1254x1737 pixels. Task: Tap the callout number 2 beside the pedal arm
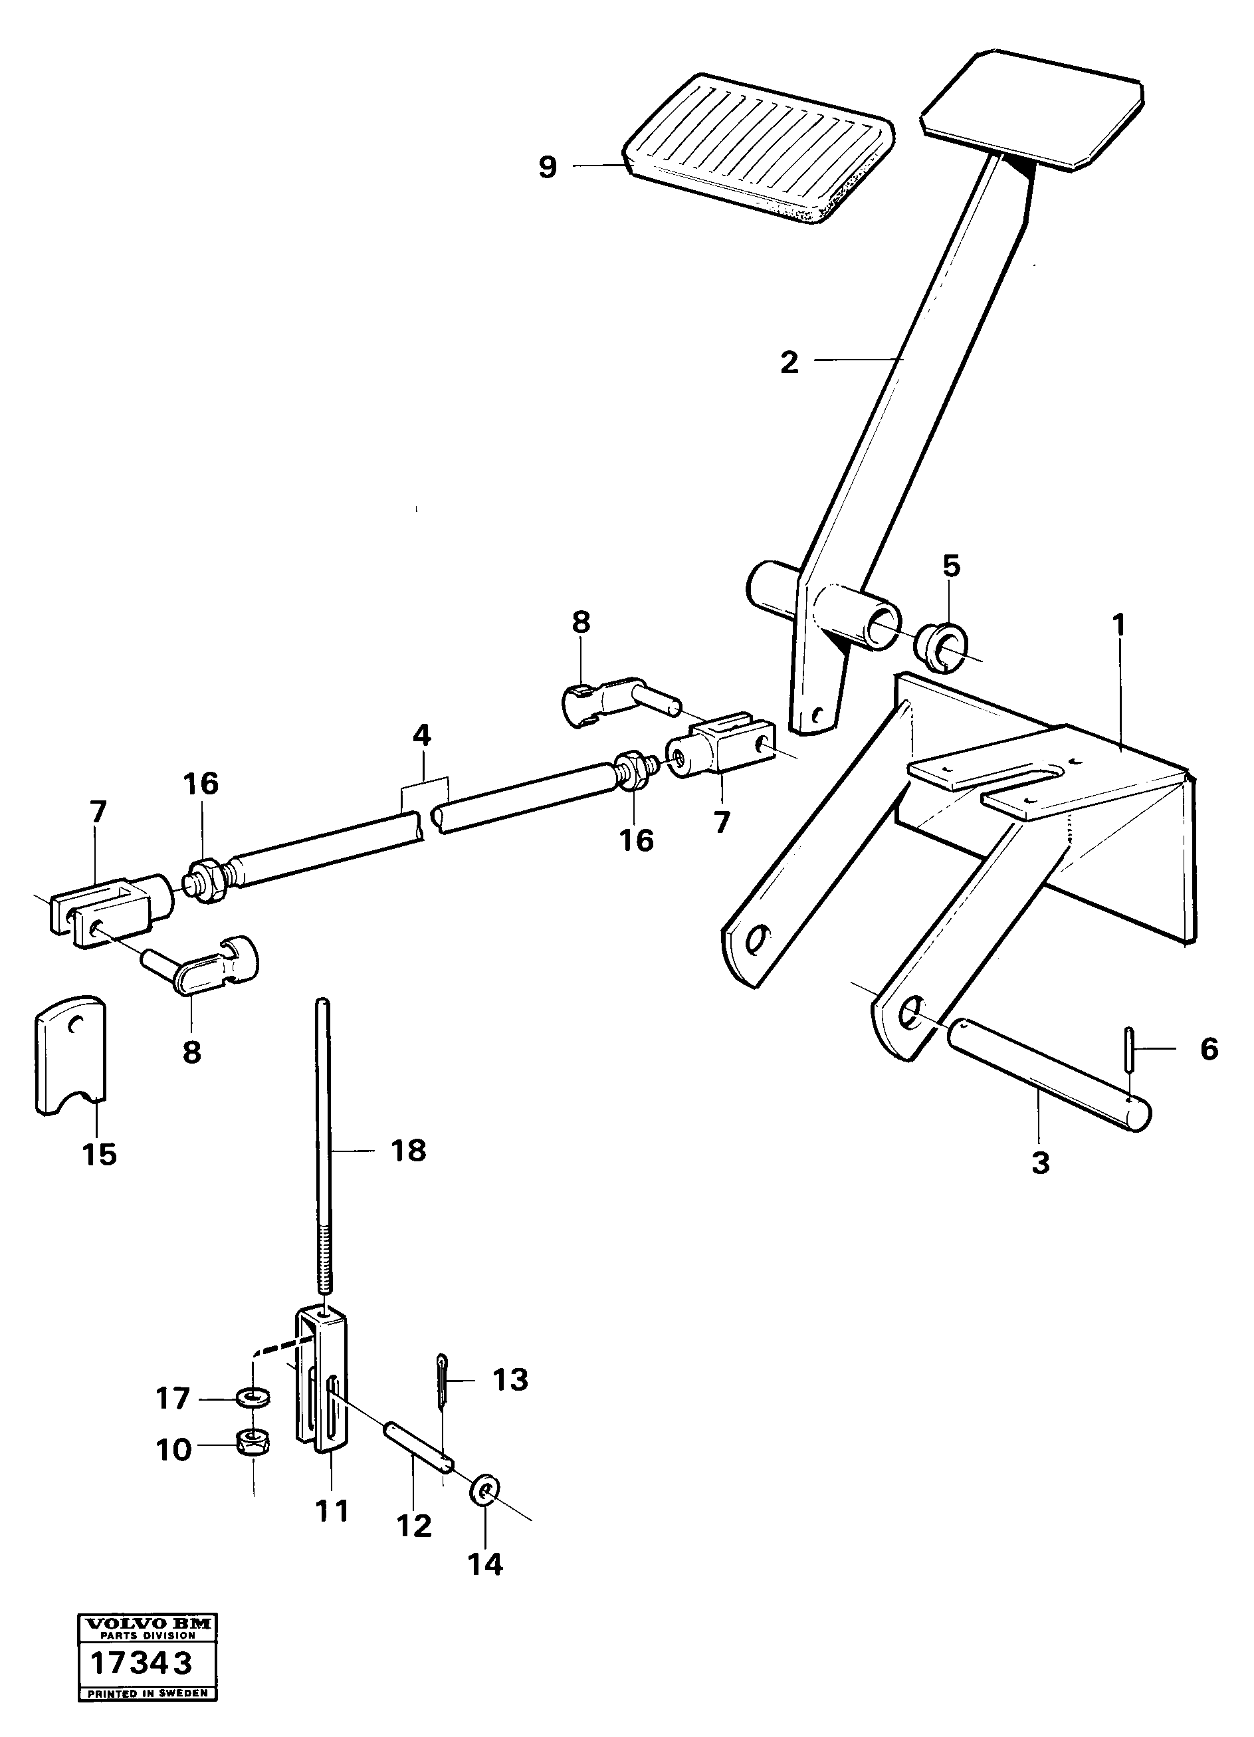tap(789, 362)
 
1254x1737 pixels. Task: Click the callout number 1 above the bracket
tap(1118, 626)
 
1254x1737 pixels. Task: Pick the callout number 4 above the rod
tap(422, 736)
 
